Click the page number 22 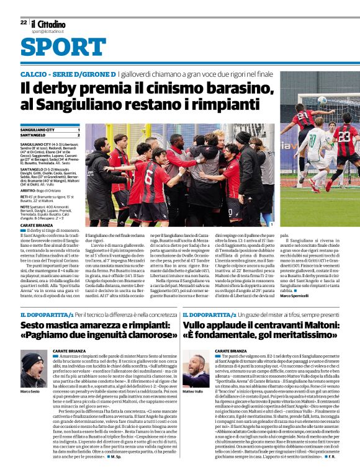23,22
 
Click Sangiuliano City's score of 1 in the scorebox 78,129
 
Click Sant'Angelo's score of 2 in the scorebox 78,135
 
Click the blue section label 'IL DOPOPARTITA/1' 44,316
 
